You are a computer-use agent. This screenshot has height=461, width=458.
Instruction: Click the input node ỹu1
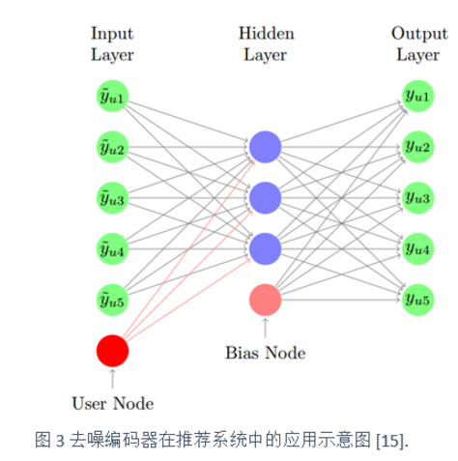click(x=112, y=96)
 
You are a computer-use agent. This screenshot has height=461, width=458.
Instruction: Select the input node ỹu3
click(x=112, y=198)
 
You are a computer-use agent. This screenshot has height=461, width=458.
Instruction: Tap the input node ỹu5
click(x=112, y=300)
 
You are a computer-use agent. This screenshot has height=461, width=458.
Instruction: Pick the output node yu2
click(x=417, y=147)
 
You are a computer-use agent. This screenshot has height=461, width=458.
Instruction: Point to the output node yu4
click(x=417, y=249)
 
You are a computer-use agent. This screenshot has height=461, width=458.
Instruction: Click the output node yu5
click(x=417, y=300)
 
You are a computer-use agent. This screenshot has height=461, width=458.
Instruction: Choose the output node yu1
click(x=417, y=96)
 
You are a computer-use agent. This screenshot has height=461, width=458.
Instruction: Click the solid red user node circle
click(x=112, y=351)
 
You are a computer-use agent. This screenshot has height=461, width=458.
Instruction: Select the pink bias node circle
click(x=265, y=300)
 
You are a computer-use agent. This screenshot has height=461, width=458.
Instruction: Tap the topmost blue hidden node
click(x=265, y=147)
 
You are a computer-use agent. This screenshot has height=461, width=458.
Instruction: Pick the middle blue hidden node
click(x=265, y=198)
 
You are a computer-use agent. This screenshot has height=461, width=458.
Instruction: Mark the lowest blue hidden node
click(x=265, y=249)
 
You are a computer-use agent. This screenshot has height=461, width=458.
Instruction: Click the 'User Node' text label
click(x=113, y=404)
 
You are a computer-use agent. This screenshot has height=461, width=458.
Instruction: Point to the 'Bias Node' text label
click(x=266, y=353)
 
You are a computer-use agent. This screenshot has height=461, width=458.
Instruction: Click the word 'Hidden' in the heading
click(x=267, y=33)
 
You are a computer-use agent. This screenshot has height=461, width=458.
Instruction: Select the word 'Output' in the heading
click(x=419, y=34)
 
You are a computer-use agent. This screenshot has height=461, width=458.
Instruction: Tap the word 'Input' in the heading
click(x=112, y=34)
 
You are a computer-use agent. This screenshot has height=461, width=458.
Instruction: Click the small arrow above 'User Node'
click(x=112, y=379)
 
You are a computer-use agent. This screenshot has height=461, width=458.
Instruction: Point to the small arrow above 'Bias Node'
click(x=265, y=328)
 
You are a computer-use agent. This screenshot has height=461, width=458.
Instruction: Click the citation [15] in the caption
click(x=390, y=441)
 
